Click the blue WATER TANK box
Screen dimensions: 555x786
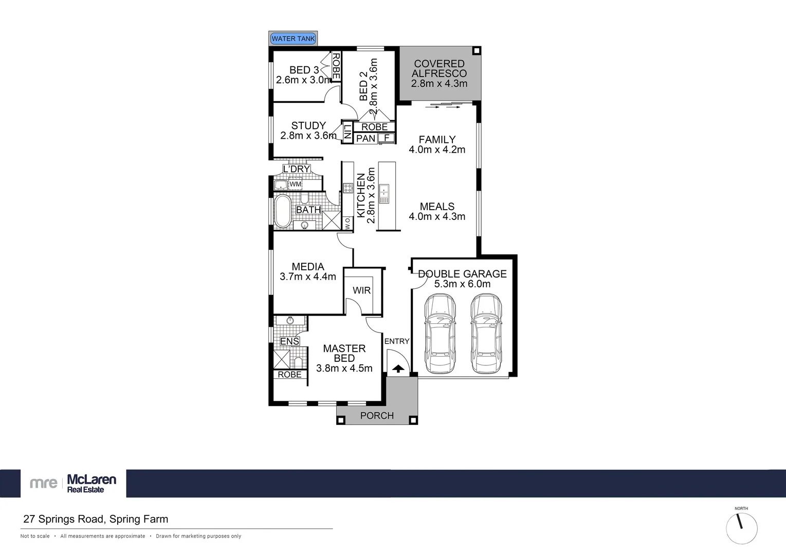pyautogui.click(x=293, y=39)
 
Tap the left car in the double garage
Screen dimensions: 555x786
pyautogui.click(x=440, y=334)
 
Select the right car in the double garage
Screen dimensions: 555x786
pyautogui.click(x=486, y=334)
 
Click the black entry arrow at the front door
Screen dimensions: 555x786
pyautogui.click(x=398, y=368)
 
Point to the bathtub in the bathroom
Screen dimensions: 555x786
pyautogui.click(x=282, y=211)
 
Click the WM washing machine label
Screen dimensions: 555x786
pyautogui.click(x=295, y=184)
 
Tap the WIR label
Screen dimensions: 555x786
pyautogui.click(x=361, y=290)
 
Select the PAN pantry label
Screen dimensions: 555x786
pyautogui.click(x=365, y=138)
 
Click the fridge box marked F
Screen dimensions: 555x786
pyautogui.click(x=387, y=138)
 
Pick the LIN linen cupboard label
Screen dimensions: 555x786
pyautogui.click(x=348, y=133)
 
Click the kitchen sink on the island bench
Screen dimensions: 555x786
pyautogui.click(x=383, y=194)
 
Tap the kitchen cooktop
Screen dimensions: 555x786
pyautogui.click(x=348, y=188)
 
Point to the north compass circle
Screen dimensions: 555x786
pyautogui.click(x=741, y=528)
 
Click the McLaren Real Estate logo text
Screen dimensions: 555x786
pyautogui.click(x=92, y=483)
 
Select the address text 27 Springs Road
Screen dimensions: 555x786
pyautogui.click(x=96, y=519)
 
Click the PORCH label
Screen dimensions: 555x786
pyautogui.click(x=377, y=415)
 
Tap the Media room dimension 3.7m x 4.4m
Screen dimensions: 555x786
pyautogui.click(x=307, y=276)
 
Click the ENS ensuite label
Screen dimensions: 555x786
pyautogui.click(x=289, y=341)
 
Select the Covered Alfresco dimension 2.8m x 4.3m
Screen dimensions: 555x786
pyautogui.click(x=439, y=83)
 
